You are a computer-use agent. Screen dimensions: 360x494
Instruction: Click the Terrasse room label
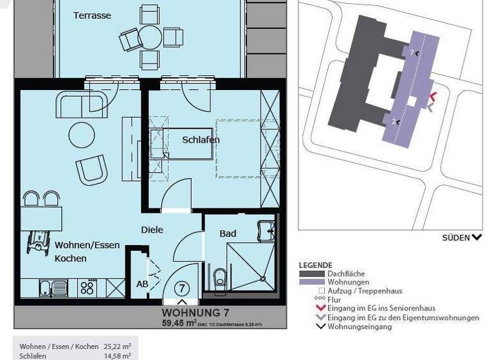92,15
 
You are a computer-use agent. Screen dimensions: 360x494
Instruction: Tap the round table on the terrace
151,37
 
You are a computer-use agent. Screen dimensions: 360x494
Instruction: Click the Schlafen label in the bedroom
201,139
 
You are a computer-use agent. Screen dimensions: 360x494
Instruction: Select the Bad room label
228,233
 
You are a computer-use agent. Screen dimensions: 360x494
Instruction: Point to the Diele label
152,230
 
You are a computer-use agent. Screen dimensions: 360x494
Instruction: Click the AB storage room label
142,283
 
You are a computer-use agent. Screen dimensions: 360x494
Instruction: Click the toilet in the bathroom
220,278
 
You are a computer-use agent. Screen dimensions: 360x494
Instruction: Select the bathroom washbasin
266,231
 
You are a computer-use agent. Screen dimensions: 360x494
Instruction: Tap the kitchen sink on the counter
49,287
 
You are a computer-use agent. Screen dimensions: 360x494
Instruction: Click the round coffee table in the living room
82,134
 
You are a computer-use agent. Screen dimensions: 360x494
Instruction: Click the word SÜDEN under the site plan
455,237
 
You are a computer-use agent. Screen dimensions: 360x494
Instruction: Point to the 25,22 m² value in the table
118,346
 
